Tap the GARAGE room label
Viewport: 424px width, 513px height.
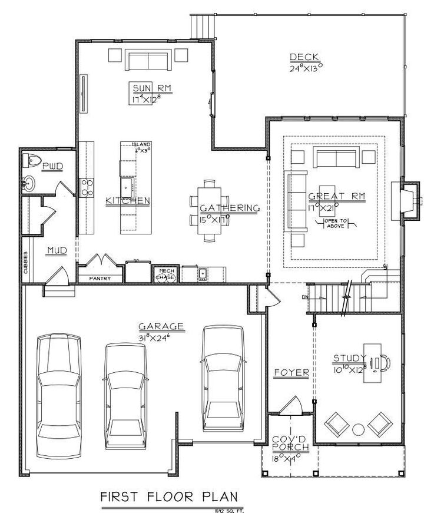pos(161,326)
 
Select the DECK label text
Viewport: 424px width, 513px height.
pos(304,57)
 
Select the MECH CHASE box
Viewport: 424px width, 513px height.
pos(165,274)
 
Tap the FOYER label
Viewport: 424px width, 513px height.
pos(291,373)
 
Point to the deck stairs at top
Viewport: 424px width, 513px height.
pos(203,25)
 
